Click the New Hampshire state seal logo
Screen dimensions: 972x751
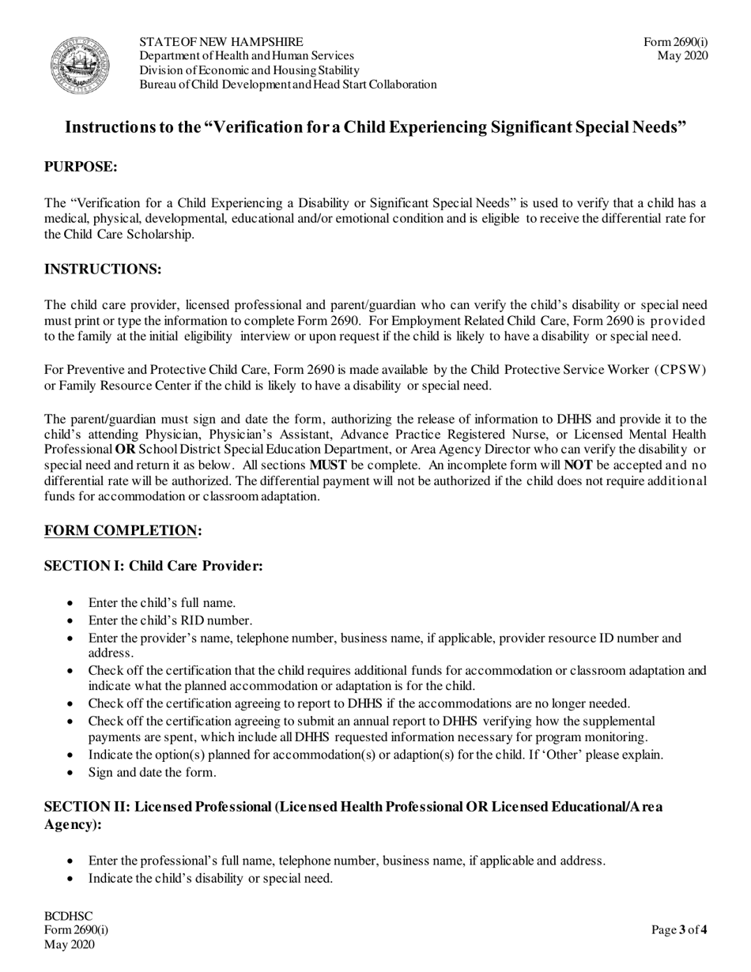(80, 65)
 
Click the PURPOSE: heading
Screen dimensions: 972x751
(81, 167)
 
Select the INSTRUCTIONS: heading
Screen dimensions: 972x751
(103, 269)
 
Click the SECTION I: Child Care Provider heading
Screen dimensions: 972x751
(153, 566)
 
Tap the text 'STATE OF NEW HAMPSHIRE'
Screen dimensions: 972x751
(221, 42)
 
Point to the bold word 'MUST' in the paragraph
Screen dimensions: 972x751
(327, 465)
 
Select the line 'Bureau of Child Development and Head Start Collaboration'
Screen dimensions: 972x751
(288, 85)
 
